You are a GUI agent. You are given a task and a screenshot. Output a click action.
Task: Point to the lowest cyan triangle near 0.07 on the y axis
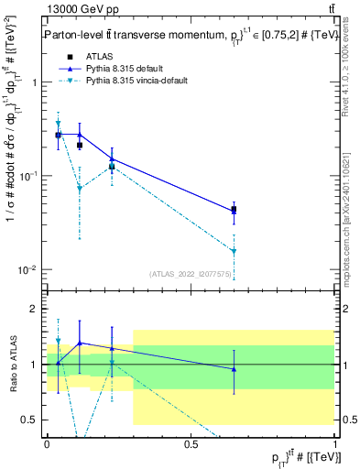(80, 189)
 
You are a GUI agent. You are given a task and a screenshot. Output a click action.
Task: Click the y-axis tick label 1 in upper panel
(36, 82)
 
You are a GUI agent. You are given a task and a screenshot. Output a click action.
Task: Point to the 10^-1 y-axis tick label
(30, 176)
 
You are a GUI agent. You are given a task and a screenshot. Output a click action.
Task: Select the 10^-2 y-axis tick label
(30, 270)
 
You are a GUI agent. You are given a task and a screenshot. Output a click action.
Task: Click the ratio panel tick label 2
(36, 309)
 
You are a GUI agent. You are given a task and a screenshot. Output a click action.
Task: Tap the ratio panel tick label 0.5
(32, 420)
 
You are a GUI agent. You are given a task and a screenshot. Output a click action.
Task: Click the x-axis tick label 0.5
(191, 443)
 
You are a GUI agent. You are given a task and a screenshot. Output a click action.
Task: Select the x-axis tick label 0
(46, 443)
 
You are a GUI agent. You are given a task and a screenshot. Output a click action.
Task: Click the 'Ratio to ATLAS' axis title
(12, 365)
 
